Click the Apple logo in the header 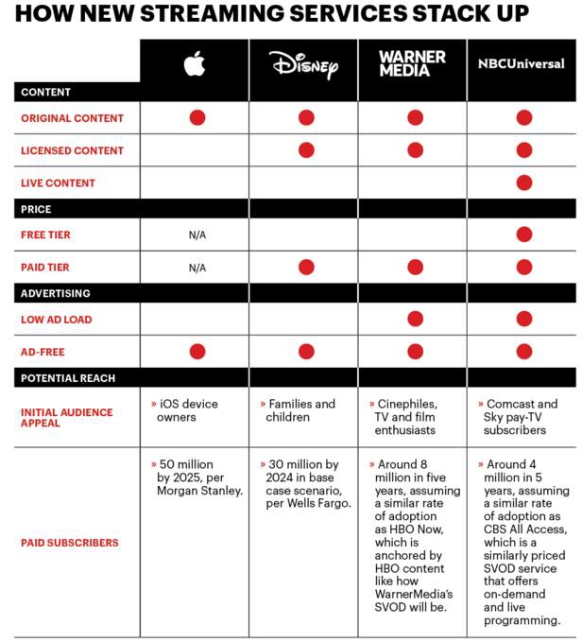pyautogui.click(x=195, y=64)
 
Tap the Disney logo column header pyautogui.click(x=303, y=64)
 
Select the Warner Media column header pyautogui.click(x=412, y=64)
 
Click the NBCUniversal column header pyautogui.click(x=522, y=64)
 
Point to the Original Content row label pyautogui.click(x=73, y=118)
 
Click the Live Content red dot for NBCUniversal pyautogui.click(x=523, y=182)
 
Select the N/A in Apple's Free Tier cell pyautogui.click(x=197, y=235)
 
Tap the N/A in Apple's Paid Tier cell pyautogui.click(x=197, y=268)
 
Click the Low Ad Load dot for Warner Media pyautogui.click(x=415, y=320)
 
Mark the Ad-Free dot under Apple pyautogui.click(x=197, y=352)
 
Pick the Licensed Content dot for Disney pyautogui.click(x=306, y=150)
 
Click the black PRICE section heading pyautogui.click(x=36, y=209)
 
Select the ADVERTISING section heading pyautogui.click(x=56, y=293)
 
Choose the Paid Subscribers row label pyautogui.click(x=70, y=543)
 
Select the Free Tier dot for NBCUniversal pyautogui.click(x=523, y=235)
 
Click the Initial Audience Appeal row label pyautogui.click(x=66, y=417)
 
